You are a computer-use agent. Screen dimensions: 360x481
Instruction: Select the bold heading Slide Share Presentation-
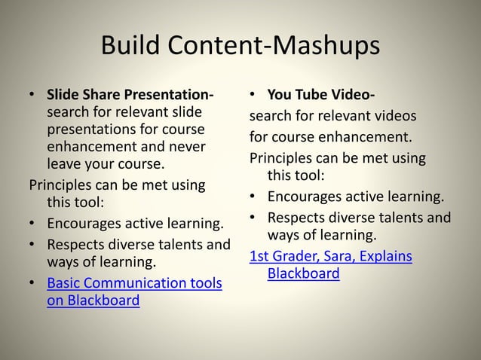click(x=130, y=96)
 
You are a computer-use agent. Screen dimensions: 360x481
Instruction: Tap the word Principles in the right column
click(x=282, y=159)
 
